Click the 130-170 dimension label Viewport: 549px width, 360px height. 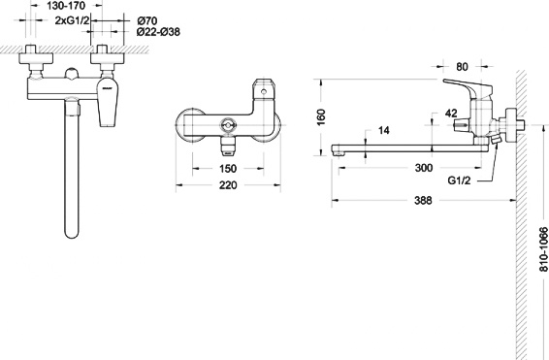point(66,6)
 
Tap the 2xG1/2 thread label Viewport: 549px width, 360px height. point(73,20)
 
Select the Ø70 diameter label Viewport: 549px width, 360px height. point(147,20)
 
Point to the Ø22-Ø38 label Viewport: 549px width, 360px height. point(158,32)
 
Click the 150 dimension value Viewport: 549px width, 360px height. point(228,169)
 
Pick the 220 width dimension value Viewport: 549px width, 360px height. point(228,185)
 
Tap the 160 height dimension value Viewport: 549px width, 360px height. point(320,117)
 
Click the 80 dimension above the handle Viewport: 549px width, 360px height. point(462,67)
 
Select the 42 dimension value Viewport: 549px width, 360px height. point(451,114)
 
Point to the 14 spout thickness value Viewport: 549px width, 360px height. point(384,130)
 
